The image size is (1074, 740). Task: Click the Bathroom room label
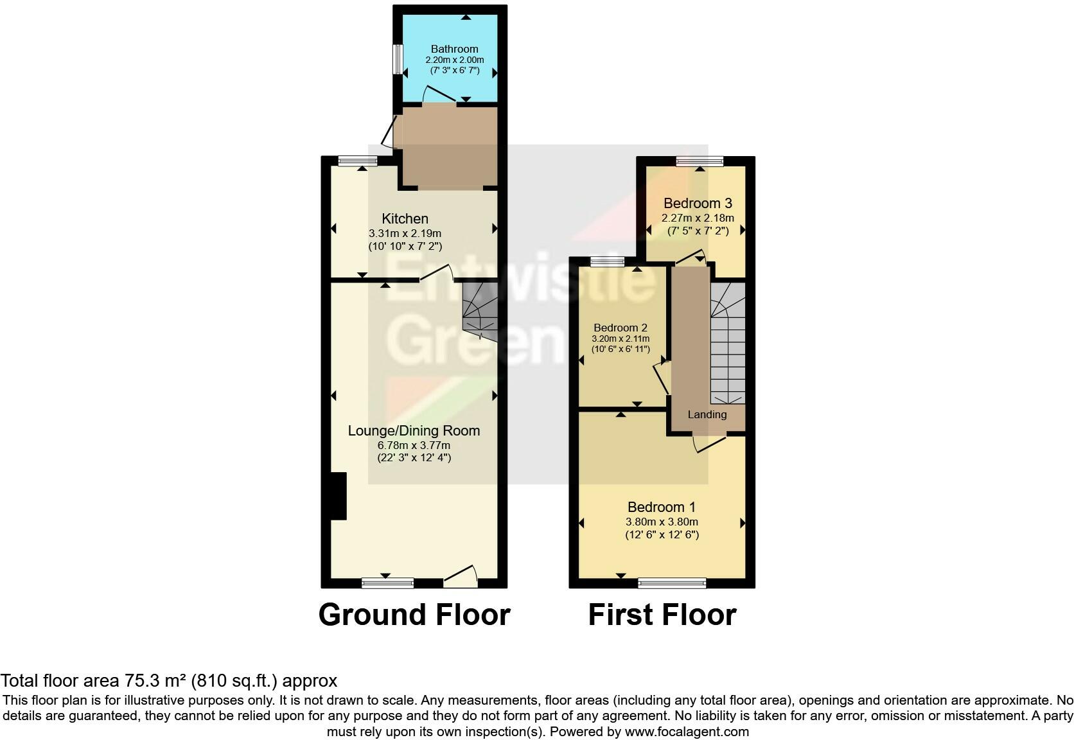click(454, 49)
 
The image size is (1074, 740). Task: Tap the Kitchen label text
click(405, 218)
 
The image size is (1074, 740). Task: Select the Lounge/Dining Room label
click(414, 430)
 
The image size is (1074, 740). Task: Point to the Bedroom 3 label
click(698, 203)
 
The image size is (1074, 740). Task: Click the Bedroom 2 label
click(620, 328)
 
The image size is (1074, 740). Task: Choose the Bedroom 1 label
click(662, 507)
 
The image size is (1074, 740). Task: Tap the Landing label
click(707, 414)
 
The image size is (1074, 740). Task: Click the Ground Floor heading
click(414, 614)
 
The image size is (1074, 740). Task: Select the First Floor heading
click(662, 614)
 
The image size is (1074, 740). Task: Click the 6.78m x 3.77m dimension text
click(414, 445)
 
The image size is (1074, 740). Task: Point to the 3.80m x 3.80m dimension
click(662, 522)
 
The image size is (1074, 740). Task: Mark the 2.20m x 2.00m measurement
click(454, 60)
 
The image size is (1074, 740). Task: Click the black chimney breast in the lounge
click(338, 496)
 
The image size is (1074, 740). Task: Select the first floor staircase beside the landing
click(728, 344)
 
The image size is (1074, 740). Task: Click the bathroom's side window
click(398, 59)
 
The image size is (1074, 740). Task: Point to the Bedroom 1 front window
click(672, 583)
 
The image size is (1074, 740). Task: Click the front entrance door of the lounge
click(461, 577)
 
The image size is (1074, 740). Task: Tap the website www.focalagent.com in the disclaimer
click(687, 731)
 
